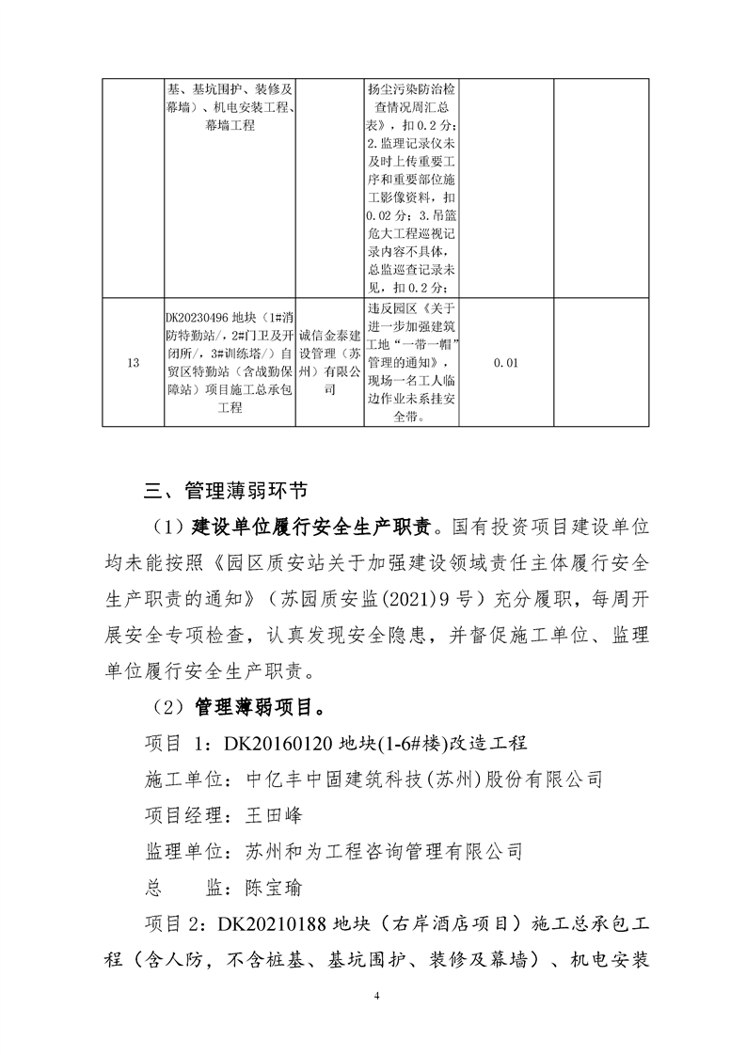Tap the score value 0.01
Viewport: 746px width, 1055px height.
tap(505, 363)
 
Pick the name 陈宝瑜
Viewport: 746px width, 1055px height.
tap(274, 887)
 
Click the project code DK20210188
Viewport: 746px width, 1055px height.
tap(273, 923)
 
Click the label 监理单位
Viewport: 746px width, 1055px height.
tap(183, 851)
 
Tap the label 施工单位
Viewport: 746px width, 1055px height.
tap(183, 779)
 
